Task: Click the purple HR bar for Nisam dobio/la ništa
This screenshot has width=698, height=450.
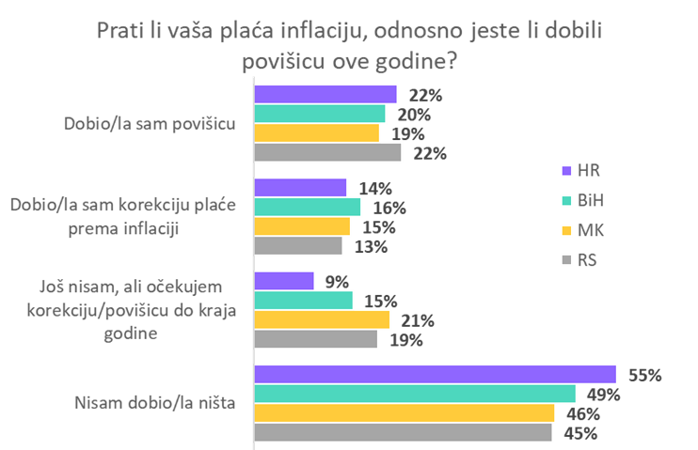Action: (x=435, y=374)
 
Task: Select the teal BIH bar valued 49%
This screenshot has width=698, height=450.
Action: (x=415, y=394)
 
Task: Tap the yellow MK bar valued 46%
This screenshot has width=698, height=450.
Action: (x=405, y=413)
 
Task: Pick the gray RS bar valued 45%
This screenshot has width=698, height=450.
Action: (x=403, y=432)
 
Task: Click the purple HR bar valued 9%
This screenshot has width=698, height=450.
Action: (x=284, y=281)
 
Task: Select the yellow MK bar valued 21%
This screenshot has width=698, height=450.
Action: (x=323, y=319)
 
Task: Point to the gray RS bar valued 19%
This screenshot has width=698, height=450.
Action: (x=316, y=338)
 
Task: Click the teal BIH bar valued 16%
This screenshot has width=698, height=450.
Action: (x=308, y=207)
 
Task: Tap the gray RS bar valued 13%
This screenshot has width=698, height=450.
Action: (x=298, y=245)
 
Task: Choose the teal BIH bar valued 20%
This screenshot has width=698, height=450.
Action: (x=320, y=114)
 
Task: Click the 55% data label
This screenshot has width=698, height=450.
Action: (x=644, y=374)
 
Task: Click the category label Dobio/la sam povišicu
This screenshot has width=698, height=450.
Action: (x=148, y=123)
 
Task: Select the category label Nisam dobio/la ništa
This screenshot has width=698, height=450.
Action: (x=154, y=404)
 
